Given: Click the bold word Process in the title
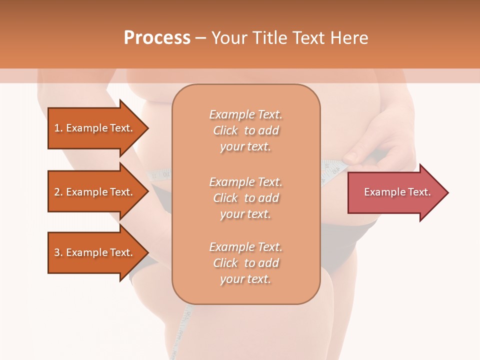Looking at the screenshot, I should [157, 38].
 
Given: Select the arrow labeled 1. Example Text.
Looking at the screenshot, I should [95, 128].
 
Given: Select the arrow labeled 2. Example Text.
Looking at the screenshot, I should [95, 192].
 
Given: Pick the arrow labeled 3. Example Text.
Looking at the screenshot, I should [95, 252].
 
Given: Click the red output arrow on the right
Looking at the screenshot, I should [395, 192].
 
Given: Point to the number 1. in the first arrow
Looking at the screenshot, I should [58, 128].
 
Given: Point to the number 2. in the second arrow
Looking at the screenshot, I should [58, 192].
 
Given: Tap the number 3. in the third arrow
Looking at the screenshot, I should [58, 252].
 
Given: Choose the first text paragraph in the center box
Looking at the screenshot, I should [245, 130].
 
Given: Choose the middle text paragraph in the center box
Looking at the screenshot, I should [245, 197].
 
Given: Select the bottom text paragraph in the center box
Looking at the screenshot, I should [245, 263].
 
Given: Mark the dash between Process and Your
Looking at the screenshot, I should [200, 38].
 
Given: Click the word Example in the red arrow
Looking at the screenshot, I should [381, 192].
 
